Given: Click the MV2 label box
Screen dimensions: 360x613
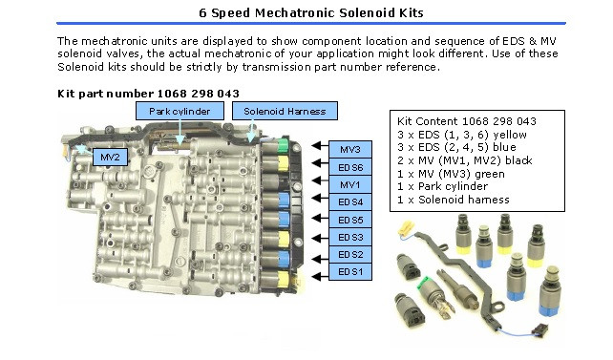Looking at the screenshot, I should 110,156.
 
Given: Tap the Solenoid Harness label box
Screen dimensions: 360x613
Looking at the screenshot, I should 285,112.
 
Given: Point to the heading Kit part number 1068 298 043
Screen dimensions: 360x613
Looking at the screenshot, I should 149,93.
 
